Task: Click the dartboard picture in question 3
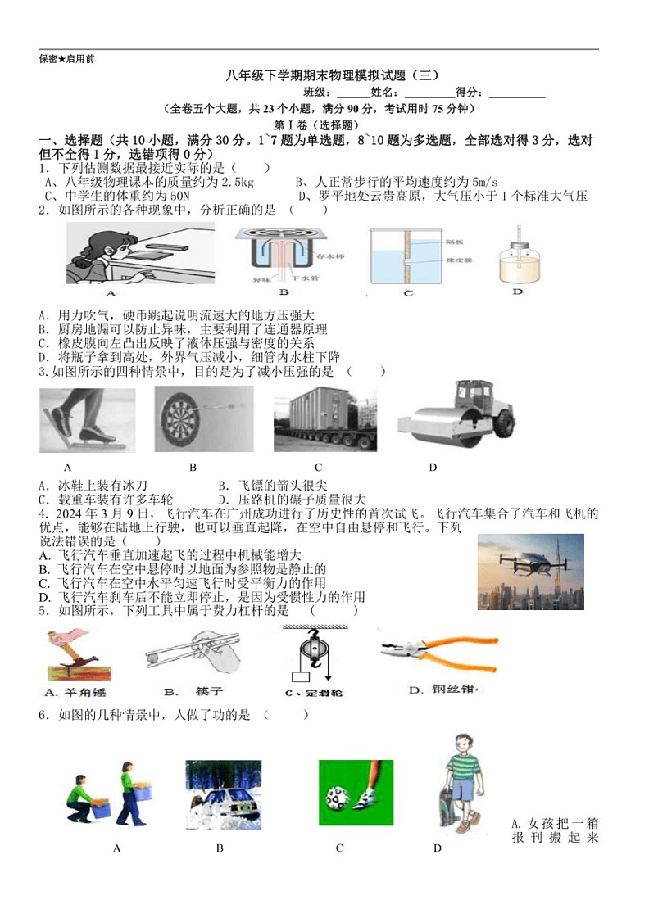[189, 420]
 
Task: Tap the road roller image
[457, 412]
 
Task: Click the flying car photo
[530, 572]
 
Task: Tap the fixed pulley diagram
[312, 654]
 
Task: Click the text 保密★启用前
[66, 59]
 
